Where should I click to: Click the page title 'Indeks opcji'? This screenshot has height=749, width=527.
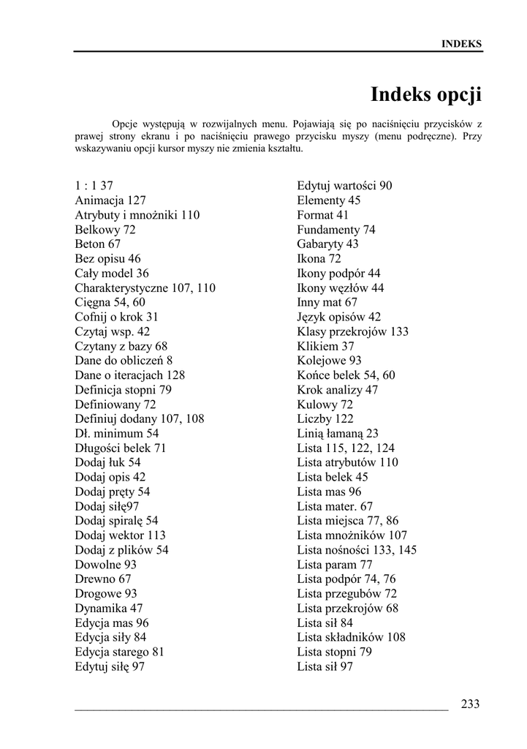(x=425, y=94)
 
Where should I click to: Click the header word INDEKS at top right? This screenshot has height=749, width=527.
(x=461, y=44)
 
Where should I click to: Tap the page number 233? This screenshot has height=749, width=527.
(x=470, y=704)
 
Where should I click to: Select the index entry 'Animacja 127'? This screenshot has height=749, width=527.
(x=110, y=200)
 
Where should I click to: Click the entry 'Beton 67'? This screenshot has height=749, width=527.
(x=98, y=244)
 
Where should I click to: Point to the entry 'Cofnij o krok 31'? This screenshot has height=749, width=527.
(x=116, y=317)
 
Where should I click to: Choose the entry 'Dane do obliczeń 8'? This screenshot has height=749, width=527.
(x=124, y=361)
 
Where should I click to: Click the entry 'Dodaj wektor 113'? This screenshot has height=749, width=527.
(x=120, y=535)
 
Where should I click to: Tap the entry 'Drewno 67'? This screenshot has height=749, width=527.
(x=103, y=579)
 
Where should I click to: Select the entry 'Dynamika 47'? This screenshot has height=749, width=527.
(x=109, y=609)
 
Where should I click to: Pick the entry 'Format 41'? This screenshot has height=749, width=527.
(x=322, y=215)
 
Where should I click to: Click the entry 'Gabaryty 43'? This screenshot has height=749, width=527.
(x=327, y=244)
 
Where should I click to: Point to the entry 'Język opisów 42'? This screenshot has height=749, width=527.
(x=339, y=317)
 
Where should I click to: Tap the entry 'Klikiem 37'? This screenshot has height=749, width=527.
(x=325, y=346)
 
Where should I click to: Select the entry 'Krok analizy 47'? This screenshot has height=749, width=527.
(x=338, y=390)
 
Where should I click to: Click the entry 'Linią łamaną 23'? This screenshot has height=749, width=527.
(x=338, y=434)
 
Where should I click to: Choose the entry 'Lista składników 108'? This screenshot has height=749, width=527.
(x=351, y=637)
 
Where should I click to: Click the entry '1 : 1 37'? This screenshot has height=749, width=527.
(x=94, y=186)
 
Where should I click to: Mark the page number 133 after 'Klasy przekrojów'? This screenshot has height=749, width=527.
(x=399, y=331)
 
